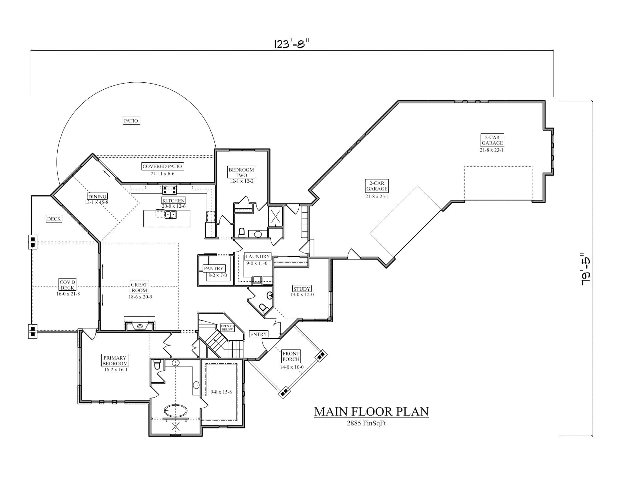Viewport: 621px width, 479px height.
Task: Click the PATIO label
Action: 131,121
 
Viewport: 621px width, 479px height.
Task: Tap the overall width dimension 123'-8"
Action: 292,44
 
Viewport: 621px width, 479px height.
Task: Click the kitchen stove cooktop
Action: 170,190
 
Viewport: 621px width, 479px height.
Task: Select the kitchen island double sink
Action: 170,215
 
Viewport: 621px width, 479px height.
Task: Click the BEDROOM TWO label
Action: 241,172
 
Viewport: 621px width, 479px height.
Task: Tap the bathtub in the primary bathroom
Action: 175,411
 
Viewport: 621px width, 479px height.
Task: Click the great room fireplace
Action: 140,326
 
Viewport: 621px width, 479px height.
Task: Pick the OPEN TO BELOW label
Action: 227,328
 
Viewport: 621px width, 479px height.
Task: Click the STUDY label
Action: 301,289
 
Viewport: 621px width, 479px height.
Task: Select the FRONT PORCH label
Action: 291,356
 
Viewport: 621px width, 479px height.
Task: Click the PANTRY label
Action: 213,269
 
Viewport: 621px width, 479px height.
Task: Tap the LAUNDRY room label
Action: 257,256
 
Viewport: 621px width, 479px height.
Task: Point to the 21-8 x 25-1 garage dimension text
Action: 377,196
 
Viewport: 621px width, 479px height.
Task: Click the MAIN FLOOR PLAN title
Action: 371,411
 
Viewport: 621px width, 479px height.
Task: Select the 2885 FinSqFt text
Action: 366,423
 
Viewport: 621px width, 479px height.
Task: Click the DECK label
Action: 54,219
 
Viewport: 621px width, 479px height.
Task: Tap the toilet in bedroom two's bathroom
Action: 242,232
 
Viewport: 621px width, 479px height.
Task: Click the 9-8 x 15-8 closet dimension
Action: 221,392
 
